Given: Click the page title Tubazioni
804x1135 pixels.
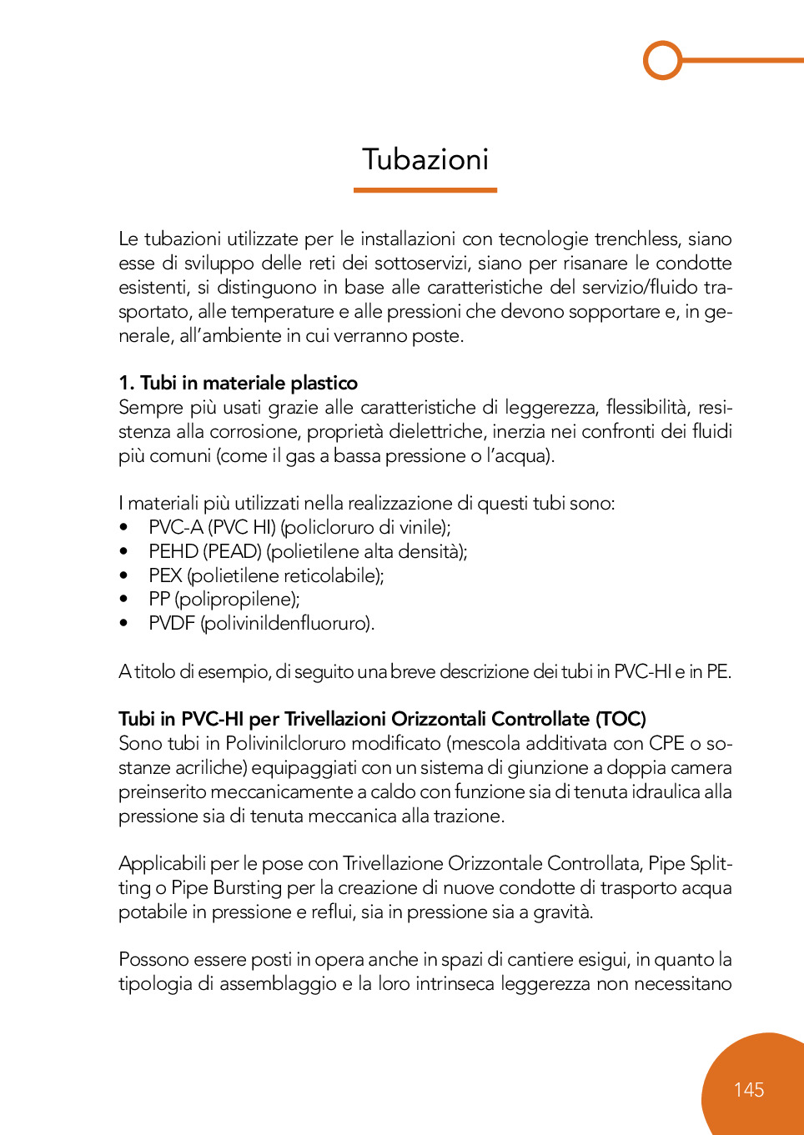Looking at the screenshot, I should tap(425, 159).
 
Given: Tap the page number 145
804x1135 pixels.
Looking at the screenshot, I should tap(749, 1090).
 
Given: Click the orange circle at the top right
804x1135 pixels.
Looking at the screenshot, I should tap(663, 60).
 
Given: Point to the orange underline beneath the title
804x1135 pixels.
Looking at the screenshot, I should tap(425, 190).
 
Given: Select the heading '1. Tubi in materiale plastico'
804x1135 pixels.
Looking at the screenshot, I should tap(238, 383).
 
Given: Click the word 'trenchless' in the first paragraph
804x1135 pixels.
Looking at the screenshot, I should tap(638, 239).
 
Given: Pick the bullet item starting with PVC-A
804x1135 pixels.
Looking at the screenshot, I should tap(299, 527).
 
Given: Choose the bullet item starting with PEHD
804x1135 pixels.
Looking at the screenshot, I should tap(308, 551).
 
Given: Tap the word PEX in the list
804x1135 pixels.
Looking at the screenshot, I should tap(165, 575).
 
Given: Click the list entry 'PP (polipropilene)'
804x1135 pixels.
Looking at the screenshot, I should tap(224, 599).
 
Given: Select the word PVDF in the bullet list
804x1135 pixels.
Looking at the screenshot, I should tap(172, 623).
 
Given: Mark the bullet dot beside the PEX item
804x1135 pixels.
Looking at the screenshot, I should tap(123, 575).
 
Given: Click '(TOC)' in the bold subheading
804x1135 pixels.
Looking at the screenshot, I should tap(621, 719).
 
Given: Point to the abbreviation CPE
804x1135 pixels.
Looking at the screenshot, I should tap(666, 743).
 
